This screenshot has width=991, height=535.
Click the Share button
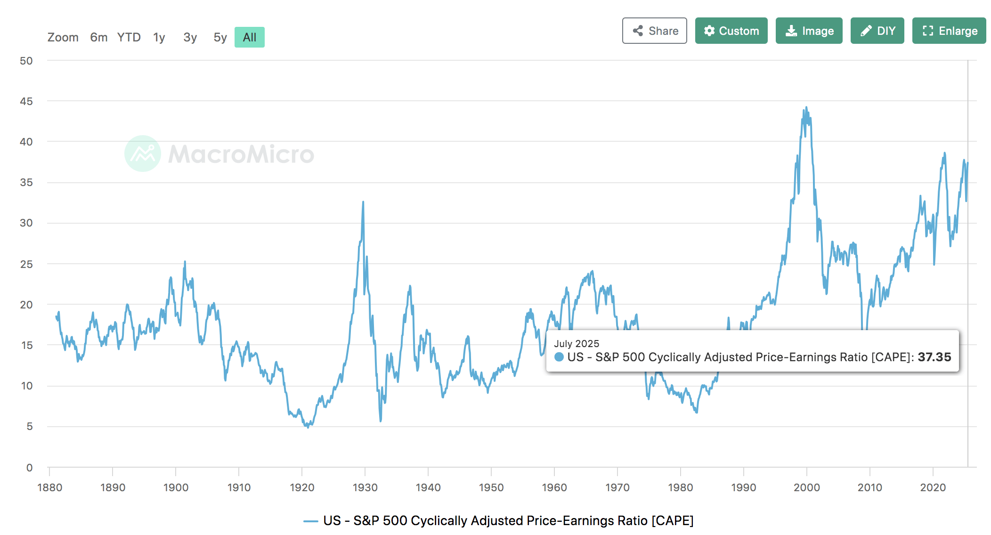[x=654, y=31]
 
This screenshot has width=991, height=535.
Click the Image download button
[x=809, y=31]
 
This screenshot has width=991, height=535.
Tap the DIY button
[x=877, y=31]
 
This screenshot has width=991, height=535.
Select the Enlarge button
[x=949, y=31]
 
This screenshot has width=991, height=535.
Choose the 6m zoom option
[x=99, y=38]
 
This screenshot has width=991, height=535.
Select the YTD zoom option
[x=129, y=38]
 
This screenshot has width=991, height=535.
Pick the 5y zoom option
[x=220, y=38]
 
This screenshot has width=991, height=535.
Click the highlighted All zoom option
[x=250, y=38]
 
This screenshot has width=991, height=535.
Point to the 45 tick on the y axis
[x=26, y=102]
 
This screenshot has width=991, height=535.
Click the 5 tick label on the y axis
[x=29, y=427]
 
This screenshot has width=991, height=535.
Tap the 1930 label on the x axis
[x=365, y=488]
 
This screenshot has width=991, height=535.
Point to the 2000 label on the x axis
[x=806, y=488]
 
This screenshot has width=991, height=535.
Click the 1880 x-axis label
[x=50, y=488]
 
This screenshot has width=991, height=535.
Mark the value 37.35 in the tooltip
[x=934, y=357]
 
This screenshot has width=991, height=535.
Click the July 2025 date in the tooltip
[x=577, y=344]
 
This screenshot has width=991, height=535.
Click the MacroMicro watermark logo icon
[x=143, y=154]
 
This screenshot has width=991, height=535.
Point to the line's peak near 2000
[x=806, y=108]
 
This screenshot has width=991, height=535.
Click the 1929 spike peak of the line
[x=363, y=203]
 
